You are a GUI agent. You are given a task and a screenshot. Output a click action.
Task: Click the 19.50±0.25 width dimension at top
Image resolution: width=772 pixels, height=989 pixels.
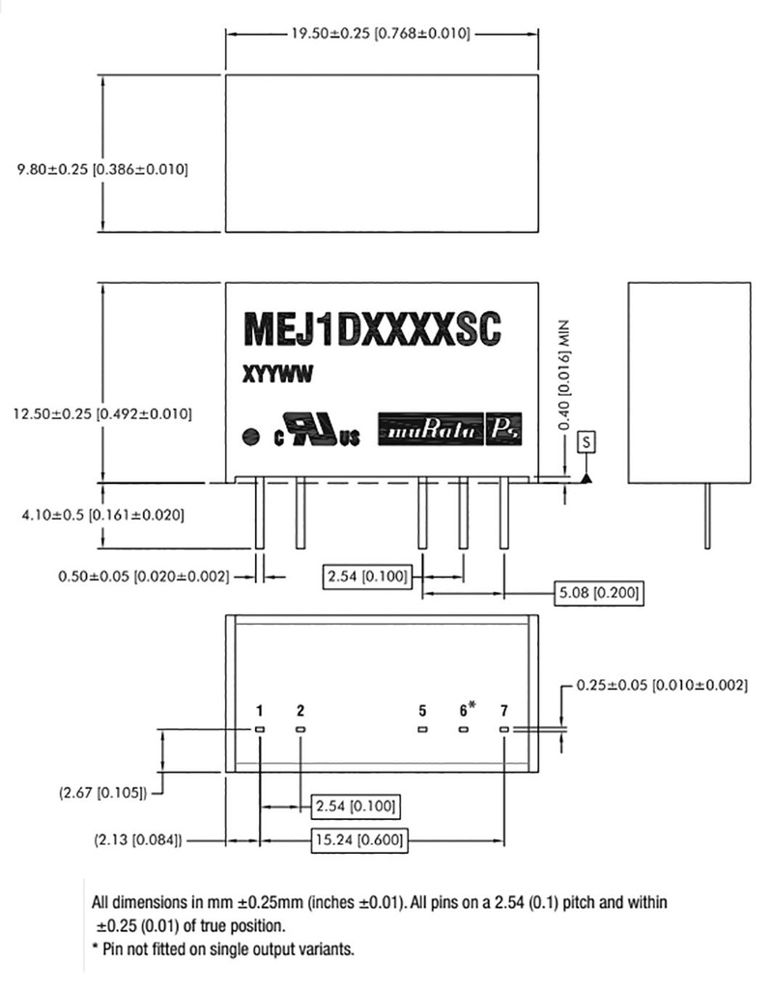380,34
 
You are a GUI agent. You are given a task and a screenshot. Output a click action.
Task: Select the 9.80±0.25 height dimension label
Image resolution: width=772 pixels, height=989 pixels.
97,169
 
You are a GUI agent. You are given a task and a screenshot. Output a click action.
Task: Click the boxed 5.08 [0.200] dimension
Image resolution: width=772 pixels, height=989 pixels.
598,592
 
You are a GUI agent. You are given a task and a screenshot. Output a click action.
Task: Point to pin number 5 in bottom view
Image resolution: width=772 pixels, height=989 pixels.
422,710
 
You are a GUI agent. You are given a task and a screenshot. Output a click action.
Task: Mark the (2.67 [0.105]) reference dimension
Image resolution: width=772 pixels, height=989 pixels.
101,794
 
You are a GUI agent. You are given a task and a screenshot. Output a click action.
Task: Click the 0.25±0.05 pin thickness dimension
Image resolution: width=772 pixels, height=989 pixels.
661,685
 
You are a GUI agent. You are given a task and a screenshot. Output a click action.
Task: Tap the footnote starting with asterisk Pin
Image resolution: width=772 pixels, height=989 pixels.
222,948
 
